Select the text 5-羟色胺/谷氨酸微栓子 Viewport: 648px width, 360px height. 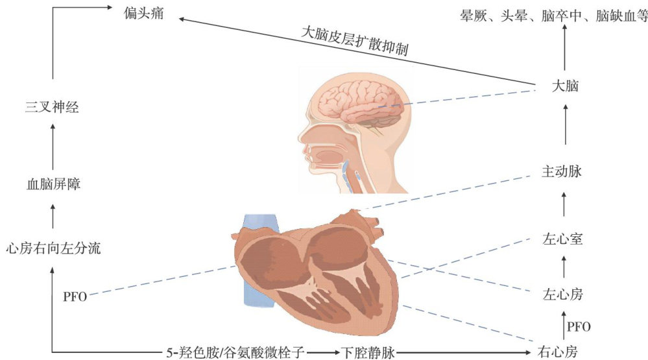tap(233, 352)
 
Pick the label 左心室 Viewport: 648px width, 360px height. tap(562, 239)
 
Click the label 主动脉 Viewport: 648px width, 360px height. tap(562, 172)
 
